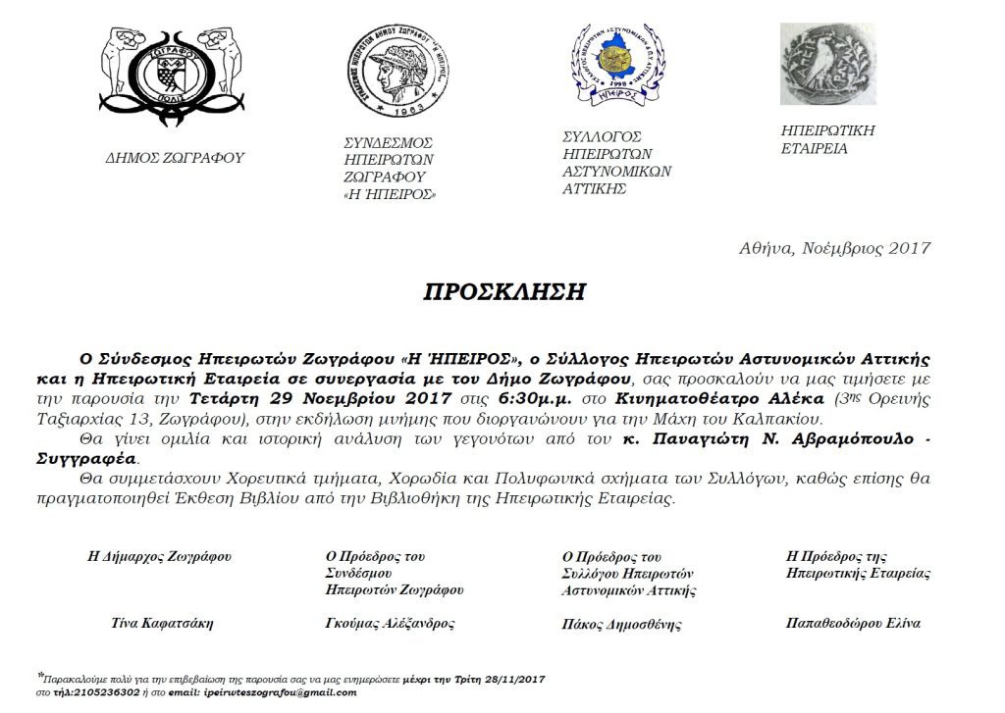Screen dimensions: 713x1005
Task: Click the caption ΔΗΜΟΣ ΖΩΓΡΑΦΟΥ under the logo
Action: [x=176, y=157]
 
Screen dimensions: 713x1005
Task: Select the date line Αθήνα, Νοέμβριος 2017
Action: [x=834, y=248]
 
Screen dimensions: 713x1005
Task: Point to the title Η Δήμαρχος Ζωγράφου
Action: [x=160, y=556]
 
